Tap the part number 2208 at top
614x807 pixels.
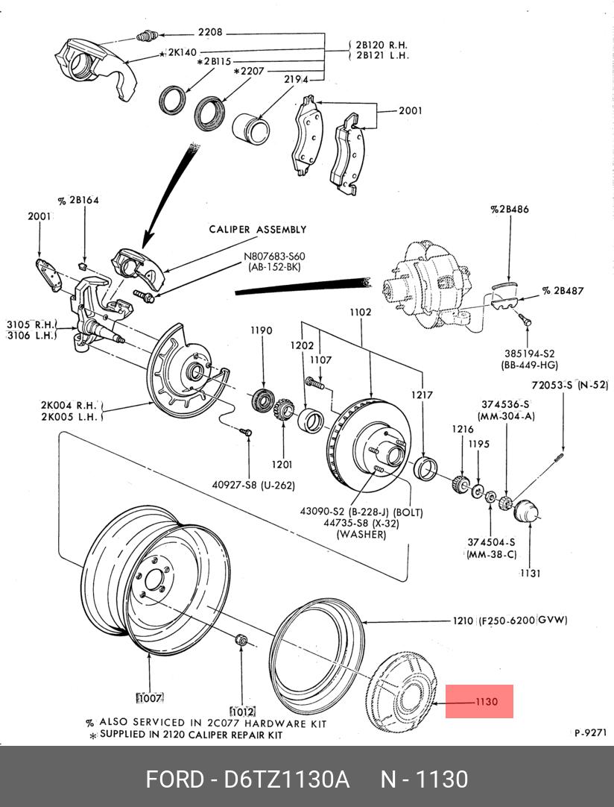click(x=209, y=33)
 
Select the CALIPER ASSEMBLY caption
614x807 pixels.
click(x=258, y=230)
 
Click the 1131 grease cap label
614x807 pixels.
click(x=531, y=573)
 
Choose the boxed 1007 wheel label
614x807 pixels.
click(x=149, y=698)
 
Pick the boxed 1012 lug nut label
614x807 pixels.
click(x=242, y=711)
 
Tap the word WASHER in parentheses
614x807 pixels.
click(x=361, y=534)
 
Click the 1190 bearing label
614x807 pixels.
click(x=261, y=330)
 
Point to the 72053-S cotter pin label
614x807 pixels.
click(x=570, y=386)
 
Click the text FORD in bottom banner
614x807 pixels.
click(x=174, y=779)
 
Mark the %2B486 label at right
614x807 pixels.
click(x=510, y=210)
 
